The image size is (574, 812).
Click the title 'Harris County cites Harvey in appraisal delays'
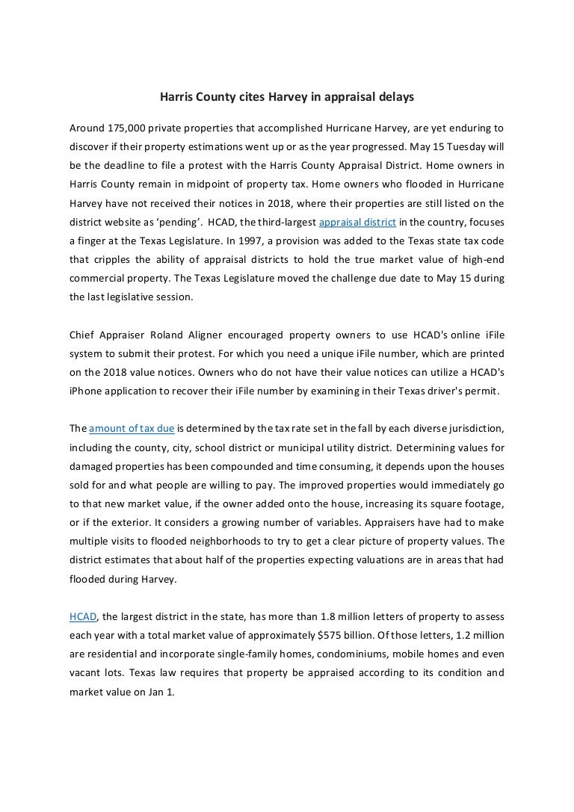tap(288, 97)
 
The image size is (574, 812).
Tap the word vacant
tap(87, 673)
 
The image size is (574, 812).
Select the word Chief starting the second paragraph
tap(84, 335)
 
